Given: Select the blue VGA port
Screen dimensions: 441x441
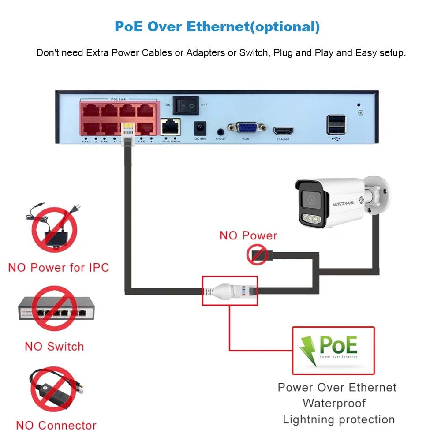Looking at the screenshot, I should (247, 128).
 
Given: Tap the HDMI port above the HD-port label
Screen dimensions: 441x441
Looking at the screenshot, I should (283, 131).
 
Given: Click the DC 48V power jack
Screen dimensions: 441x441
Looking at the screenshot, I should (201, 129).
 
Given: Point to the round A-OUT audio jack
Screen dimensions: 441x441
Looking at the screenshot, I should (220, 131).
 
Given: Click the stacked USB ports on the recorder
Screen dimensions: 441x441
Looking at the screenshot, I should (336, 124).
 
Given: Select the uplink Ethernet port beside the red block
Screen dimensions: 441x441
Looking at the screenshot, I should (171, 127).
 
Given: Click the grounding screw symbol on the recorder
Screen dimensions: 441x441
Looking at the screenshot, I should (360, 113).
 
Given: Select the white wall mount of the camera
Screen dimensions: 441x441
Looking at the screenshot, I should (377, 194).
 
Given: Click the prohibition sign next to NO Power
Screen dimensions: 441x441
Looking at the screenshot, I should (257, 255).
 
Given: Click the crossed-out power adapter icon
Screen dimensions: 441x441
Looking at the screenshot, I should (54, 229).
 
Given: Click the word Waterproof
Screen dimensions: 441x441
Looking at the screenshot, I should (334, 403).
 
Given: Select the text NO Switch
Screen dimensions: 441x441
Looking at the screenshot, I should (54, 346).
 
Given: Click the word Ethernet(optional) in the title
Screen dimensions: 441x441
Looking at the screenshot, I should (253, 26).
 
